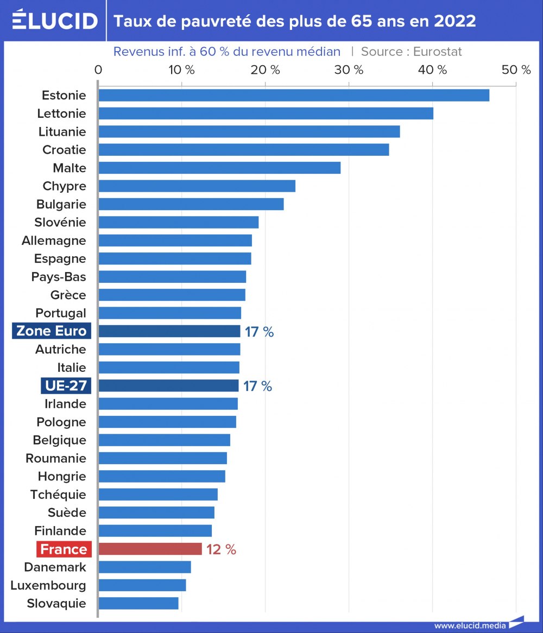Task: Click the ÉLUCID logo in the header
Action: [54, 20]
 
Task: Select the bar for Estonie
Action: [293, 95]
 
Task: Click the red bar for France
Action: [150, 549]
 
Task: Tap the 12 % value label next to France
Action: [221, 549]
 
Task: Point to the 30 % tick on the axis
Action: [349, 70]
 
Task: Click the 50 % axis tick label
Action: [516, 70]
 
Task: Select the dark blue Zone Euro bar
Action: [169, 331]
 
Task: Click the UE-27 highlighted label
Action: [66, 386]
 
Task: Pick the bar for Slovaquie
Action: [138, 603]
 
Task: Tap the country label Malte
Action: [70, 168]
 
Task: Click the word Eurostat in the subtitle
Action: [437, 52]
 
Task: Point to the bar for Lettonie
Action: [266, 113]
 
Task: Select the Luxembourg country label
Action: [48, 585]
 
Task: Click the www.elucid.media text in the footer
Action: [470, 625]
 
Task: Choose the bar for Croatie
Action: [243, 150]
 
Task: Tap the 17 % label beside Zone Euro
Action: [259, 332]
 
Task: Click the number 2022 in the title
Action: [455, 21]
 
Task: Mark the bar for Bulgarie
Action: [191, 204]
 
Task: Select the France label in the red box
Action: [64, 549]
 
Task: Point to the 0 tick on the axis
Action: [98, 70]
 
